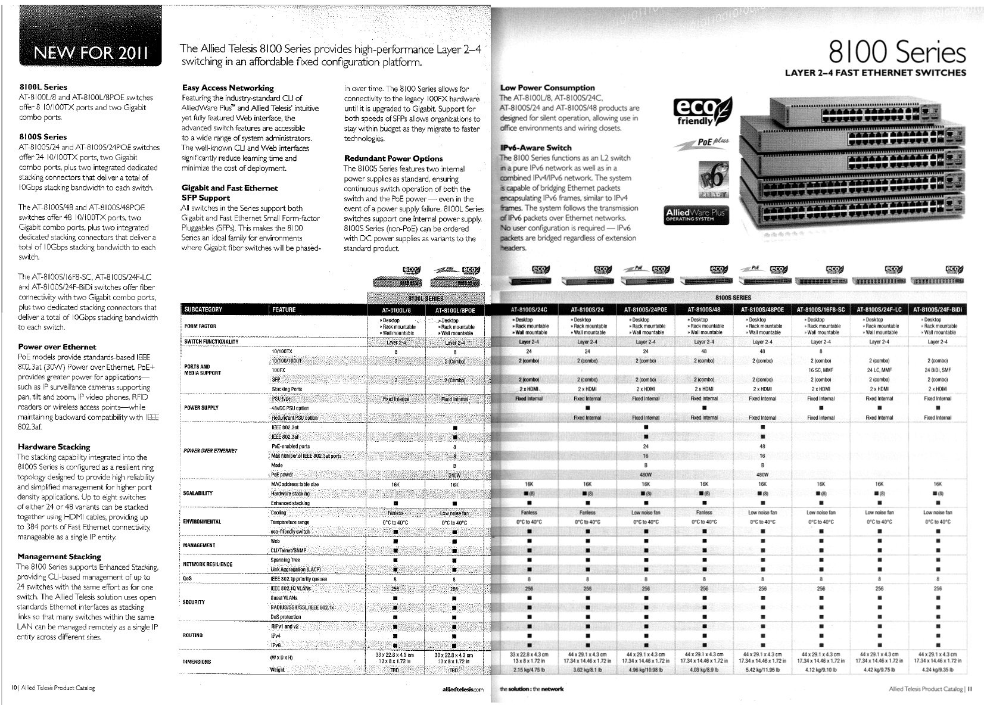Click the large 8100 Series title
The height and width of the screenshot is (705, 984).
pyautogui.click(x=896, y=53)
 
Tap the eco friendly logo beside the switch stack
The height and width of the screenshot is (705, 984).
pyautogui.click(x=702, y=111)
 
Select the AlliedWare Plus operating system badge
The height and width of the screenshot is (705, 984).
pyautogui.click(x=696, y=215)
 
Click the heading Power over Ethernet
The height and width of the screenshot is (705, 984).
pyautogui.click(x=57, y=347)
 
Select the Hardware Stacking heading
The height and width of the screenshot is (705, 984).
pyautogui.click(x=54, y=447)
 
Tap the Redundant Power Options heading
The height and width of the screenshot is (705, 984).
pyautogui.click(x=393, y=158)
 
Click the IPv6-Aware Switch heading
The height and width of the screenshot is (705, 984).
pyautogui.click(x=535, y=148)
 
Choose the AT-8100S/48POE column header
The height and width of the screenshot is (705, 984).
pyautogui.click(x=762, y=310)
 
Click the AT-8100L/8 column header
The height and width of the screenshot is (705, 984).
pyautogui.click(x=396, y=310)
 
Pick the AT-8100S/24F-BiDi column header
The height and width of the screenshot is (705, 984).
pyautogui.click(x=938, y=310)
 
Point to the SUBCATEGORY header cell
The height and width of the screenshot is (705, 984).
pyautogui.click(x=203, y=310)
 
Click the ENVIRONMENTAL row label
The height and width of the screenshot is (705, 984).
pyautogui.click(x=203, y=522)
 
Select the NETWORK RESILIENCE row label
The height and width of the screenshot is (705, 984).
pyautogui.click(x=208, y=564)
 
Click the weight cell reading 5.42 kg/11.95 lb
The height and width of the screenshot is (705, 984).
pyautogui.click(x=762, y=670)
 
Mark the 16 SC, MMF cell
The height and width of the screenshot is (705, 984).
pyautogui.click(x=821, y=370)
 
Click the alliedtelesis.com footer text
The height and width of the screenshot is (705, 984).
pyautogui.click(x=463, y=689)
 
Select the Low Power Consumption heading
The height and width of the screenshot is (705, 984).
pyautogui.click(x=547, y=88)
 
